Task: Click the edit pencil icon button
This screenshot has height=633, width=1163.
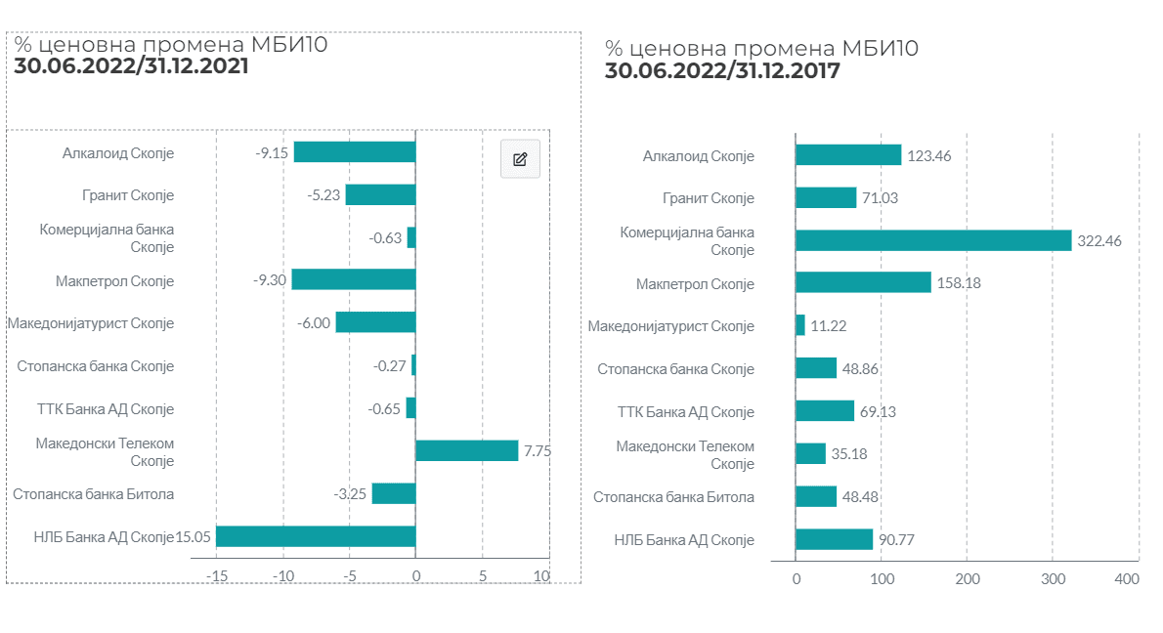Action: (x=520, y=158)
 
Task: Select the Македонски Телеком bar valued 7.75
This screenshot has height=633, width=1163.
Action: (x=466, y=450)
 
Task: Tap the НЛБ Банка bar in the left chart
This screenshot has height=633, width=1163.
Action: (x=316, y=536)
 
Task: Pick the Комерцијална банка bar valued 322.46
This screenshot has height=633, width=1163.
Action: (x=933, y=240)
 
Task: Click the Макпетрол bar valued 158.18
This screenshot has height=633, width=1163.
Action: (x=863, y=282)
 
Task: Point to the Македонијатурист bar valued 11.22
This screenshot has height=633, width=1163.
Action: (x=800, y=325)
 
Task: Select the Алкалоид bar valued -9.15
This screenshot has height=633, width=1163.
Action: (x=355, y=152)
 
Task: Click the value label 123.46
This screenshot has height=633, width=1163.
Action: (x=928, y=155)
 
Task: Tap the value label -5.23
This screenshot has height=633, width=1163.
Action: (x=323, y=195)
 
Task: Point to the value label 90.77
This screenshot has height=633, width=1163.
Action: (x=896, y=539)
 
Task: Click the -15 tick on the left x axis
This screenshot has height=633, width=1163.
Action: (x=217, y=576)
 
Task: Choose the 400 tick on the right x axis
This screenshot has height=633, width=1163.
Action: (x=1127, y=579)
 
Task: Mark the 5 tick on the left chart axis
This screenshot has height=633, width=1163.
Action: (x=483, y=576)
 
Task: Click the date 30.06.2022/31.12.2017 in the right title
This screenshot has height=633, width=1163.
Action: (x=722, y=71)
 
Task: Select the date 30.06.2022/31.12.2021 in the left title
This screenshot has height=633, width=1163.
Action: (x=131, y=66)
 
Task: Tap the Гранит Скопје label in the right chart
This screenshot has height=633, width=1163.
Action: (x=709, y=198)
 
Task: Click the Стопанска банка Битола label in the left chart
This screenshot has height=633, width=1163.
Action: (x=94, y=494)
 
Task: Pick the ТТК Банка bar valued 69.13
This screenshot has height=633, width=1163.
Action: (x=825, y=410)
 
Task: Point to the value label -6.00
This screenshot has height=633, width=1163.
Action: (x=314, y=323)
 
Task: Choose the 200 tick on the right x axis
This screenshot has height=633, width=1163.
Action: (x=968, y=579)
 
